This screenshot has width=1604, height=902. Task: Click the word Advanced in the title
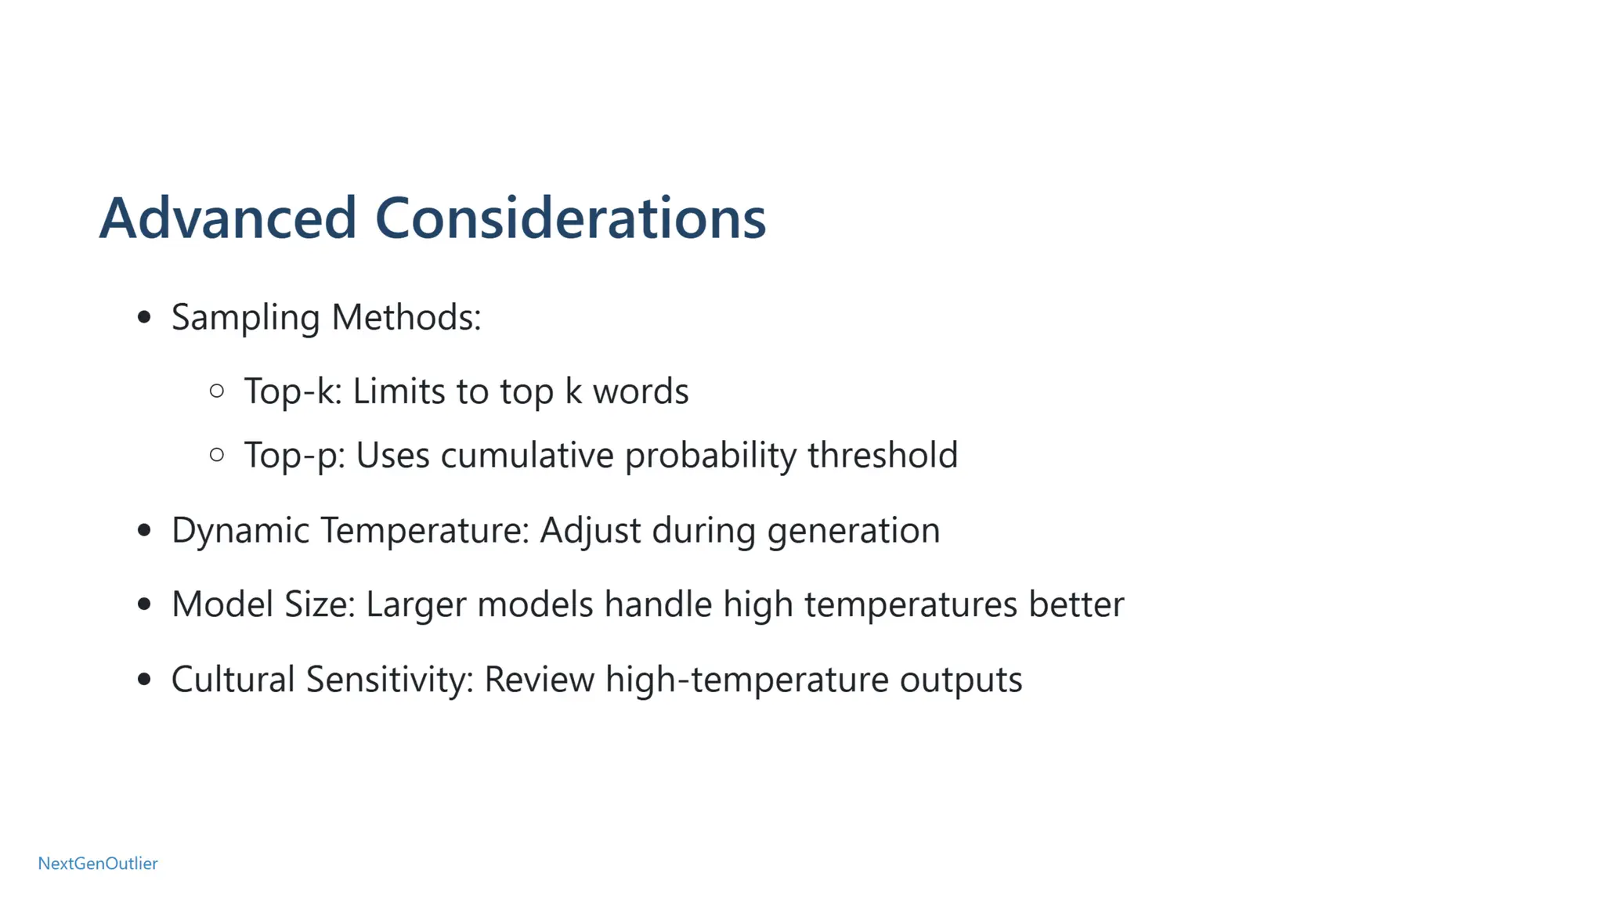click(228, 218)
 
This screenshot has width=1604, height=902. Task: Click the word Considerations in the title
click(570, 218)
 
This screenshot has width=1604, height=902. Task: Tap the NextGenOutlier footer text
click(98, 863)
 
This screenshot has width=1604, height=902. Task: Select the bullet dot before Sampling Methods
click(143, 317)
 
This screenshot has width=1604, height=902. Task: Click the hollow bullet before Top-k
click(217, 391)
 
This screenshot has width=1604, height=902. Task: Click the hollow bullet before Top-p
click(217, 454)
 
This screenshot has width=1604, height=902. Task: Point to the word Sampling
click(245, 318)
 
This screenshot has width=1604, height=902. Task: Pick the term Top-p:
click(294, 456)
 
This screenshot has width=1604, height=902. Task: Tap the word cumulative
click(527, 455)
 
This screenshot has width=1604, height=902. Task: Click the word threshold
click(883, 455)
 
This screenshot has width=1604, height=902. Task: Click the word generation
click(853, 531)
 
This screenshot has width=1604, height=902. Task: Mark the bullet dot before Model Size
click(143, 604)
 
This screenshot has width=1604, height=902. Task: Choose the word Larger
click(415, 604)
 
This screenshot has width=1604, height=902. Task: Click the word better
click(1076, 604)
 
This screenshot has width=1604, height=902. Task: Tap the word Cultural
click(233, 679)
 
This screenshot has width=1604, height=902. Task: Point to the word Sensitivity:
click(389, 679)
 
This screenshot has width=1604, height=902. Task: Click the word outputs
click(960, 680)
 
